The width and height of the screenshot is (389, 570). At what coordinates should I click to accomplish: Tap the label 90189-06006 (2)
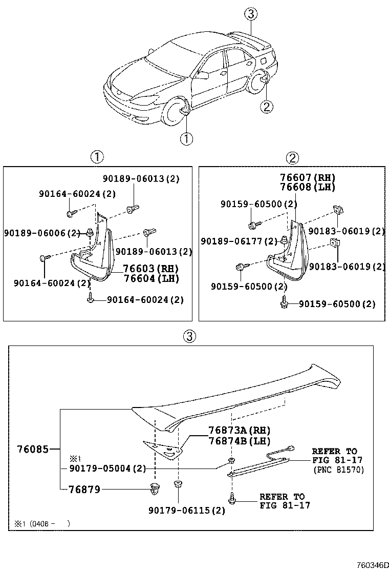pos(42,233)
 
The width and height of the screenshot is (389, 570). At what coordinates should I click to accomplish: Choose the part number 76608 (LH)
pos(307,187)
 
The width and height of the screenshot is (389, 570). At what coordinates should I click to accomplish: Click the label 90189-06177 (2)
pos(239,240)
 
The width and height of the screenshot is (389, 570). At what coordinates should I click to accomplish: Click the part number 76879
pos(84,490)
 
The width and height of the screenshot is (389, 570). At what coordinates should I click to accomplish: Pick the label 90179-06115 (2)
pos(187,511)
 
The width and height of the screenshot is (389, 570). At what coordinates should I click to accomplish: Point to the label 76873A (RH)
pos(239,430)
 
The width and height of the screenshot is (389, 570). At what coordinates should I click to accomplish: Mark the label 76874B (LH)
pos(239,440)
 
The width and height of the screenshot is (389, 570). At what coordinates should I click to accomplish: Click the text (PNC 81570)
pos(338,470)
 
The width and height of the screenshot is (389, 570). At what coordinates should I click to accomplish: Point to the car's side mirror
pos(203,75)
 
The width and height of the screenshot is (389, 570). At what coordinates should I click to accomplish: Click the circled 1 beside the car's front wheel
pos(186,138)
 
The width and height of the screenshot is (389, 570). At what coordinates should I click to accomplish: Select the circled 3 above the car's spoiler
pos(250,14)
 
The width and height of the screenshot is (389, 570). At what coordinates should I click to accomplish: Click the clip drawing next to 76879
pos(153,490)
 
